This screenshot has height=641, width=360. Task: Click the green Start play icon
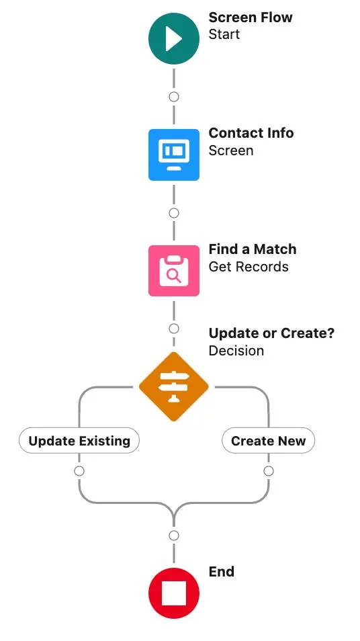coord(174,39)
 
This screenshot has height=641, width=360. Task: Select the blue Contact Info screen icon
coord(174,155)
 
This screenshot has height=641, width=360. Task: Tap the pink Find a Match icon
coord(174,271)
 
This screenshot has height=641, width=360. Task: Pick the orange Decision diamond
coord(174,386)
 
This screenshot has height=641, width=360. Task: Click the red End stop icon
coord(174,593)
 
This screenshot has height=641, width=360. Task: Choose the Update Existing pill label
coord(79,441)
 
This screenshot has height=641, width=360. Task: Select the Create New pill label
coord(268,441)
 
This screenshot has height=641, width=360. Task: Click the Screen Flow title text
coord(251,17)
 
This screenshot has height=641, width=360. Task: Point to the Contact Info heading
coord(251,133)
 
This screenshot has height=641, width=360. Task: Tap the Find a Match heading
coord(253,249)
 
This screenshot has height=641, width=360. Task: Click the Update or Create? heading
coord(271,333)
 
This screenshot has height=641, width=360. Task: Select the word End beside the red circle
coord(222,572)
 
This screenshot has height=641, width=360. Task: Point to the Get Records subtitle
coord(249,267)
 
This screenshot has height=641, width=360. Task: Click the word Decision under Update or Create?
coord(236,351)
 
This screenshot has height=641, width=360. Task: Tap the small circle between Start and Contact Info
coord(174,97)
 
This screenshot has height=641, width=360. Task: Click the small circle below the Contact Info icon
coord(174,213)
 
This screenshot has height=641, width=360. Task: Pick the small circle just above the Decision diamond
coord(174,329)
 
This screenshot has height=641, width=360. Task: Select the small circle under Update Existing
coord(79,471)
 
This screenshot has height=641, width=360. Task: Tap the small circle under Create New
coord(269,471)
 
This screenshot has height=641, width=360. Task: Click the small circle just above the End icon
coord(174,536)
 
